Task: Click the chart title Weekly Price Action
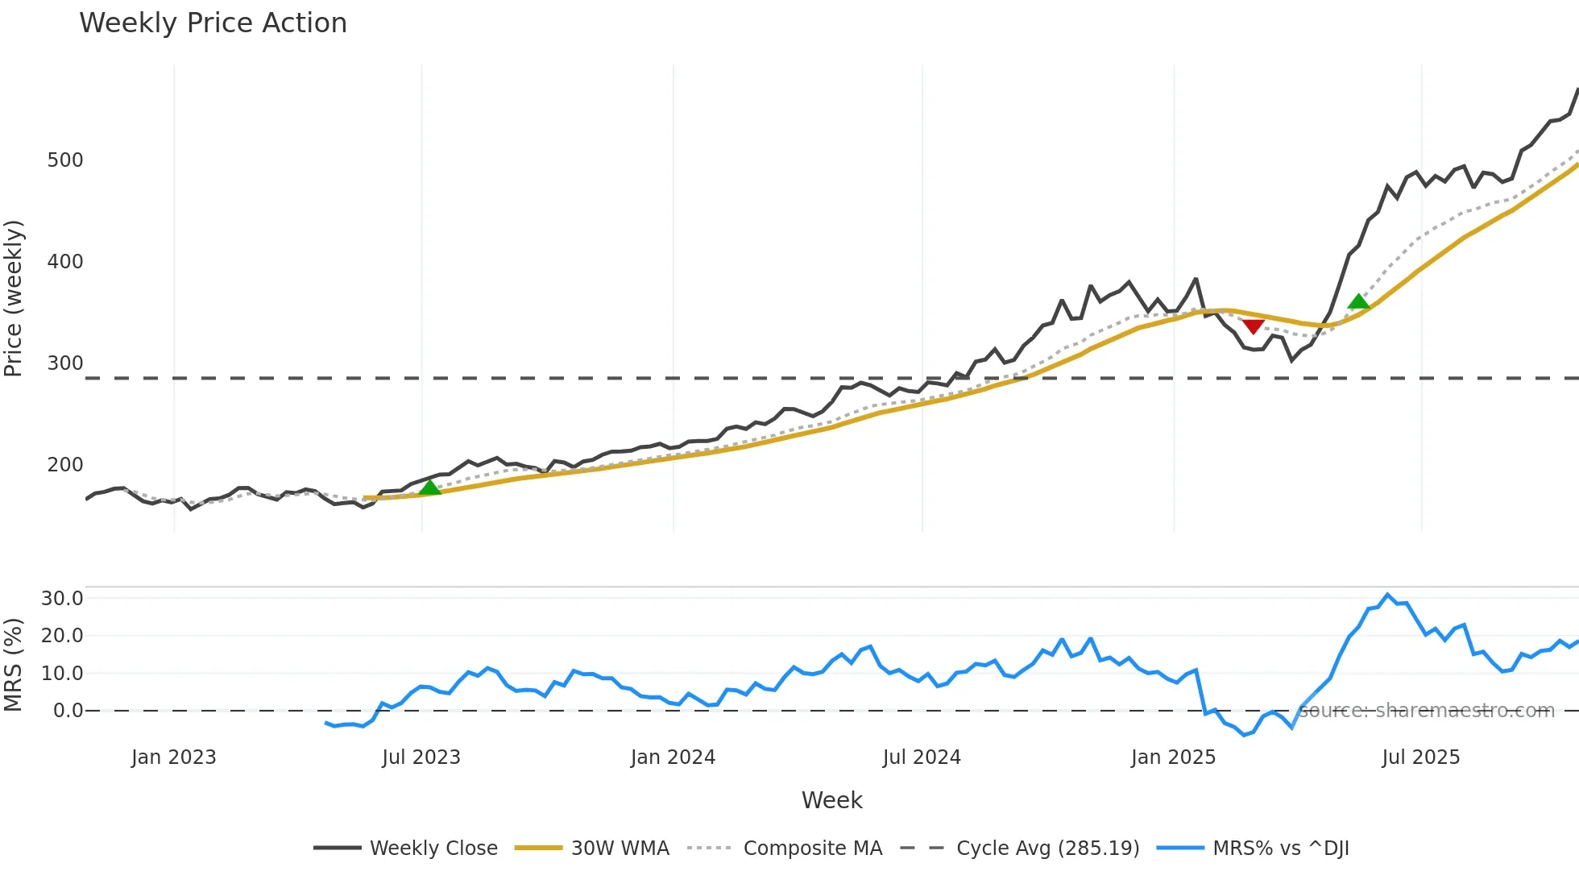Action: pyautogui.click(x=213, y=23)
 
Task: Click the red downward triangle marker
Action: pyautogui.click(x=1253, y=326)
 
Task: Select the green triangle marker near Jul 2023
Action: pyautogui.click(x=430, y=487)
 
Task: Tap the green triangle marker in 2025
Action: pyautogui.click(x=1358, y=301)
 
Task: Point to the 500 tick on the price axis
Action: pyautogui.click(x=65, y=160)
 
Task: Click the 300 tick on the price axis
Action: pyautogui.click(x=65, y=363)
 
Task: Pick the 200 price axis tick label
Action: pyautogui.click(x=65, y=465)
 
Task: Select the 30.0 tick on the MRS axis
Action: pyautogui.click(x=63, y=599)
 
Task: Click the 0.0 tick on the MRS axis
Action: pyautogui.click(x=68, y=711)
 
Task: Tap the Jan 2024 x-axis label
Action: pyautogui.click(x=673, y=757)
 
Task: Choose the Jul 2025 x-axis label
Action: pyautogui.click(x=1420, y=757)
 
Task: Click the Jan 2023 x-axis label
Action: pyautogui.click(x=174, y=757)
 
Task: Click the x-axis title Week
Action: pyautogui.click(x=831, y=800)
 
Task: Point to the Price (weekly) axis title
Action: pyautogui.click(x=14, y=298)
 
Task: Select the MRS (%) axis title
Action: pyautogui.click(x=14, y=665)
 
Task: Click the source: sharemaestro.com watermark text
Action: pyautogui.click(x=1426, y=711)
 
